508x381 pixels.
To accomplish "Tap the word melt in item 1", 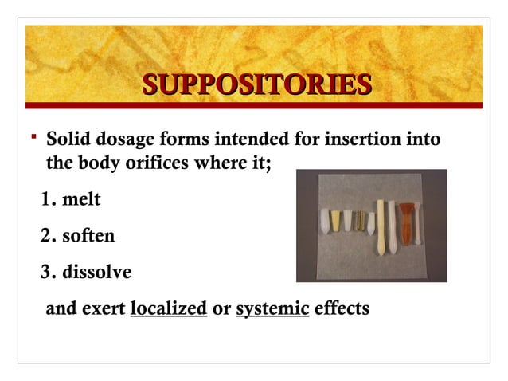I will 83,198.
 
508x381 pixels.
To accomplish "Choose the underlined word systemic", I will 272,308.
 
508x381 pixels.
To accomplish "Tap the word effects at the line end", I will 342,308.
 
